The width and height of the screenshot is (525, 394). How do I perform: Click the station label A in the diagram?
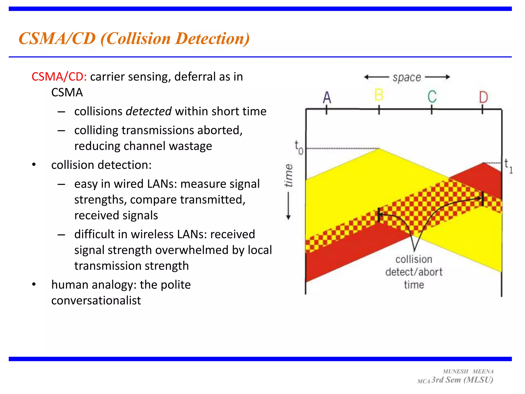(x=327, y=97)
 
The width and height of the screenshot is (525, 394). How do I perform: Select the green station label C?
(x=432, y=96)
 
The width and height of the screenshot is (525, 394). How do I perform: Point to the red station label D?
(x=483, y=97)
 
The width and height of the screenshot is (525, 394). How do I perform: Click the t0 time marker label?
(x=299, y=148)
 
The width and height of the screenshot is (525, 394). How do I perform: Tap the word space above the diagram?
(x=407, y=77)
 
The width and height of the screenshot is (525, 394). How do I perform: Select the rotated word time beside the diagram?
(x=289, y=175)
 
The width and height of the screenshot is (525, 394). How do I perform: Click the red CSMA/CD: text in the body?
(x=59, y=77)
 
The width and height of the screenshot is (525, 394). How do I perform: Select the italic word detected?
(x=148, y=111)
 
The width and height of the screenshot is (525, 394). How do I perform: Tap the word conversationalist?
(x=96, y=300)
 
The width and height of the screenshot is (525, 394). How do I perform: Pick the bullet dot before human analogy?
(x=34, y=284)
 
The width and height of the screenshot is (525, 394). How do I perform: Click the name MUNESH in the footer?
(x=456, y=371)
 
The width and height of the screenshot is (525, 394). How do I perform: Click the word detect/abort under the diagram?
(x=414, y=272)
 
